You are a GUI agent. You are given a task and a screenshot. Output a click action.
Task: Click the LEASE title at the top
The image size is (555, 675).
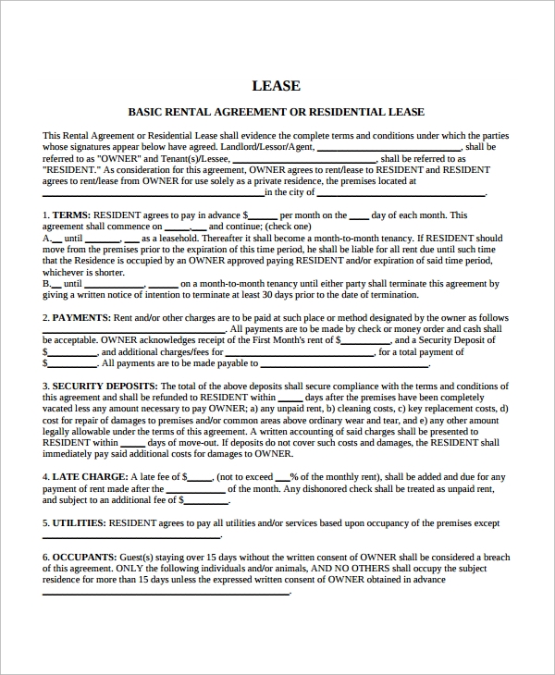pyautogui.click(x=276, y=86)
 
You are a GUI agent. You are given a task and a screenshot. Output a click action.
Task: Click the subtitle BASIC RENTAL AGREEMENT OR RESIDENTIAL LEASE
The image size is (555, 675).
pyautogui.click(x=276, y=112)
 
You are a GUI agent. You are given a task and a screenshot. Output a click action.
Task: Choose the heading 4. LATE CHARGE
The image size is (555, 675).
pyautogui.click(x=81, y=477)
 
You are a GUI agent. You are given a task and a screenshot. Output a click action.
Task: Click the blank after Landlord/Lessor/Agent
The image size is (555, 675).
pyautogui.click(x=388, y=148)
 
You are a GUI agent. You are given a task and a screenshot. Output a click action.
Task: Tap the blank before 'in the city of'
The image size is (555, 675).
pyautogui.click(x=153, y=194)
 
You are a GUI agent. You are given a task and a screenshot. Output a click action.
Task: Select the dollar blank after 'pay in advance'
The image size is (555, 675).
pyautogui.click(x=262, y=216)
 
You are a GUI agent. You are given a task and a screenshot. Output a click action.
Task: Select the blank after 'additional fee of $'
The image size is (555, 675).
pyautogui.click(x=206, y=501)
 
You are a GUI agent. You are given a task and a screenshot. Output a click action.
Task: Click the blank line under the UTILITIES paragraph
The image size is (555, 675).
pyautogui.click(x=131, y=536)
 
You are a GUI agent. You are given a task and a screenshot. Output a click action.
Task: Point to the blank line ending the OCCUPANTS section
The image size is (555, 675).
pyautogui.click(x=166, y=593)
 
